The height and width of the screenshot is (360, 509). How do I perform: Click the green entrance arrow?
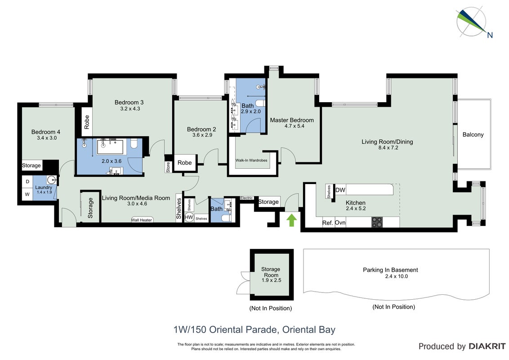pos(291,220)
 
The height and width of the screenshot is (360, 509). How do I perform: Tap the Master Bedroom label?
pos(292,120)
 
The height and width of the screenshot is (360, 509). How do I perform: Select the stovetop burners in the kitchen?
pos(377,222)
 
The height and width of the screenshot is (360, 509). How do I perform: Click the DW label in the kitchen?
pos(340,190)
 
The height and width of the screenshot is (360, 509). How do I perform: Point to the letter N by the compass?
pos(490,35)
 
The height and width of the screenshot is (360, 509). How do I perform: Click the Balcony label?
pos(473,135)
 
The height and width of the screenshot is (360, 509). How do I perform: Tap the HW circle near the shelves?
pos(189,217)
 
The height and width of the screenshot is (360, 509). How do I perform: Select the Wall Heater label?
pos(142,220)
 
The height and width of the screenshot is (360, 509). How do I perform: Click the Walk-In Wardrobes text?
pos(251,160)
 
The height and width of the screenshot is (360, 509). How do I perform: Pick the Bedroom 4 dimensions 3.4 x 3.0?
pos(47,138)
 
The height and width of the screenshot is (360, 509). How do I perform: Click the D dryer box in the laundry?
pos(27,182)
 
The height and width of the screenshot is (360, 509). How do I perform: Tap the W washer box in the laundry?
pos(27,194)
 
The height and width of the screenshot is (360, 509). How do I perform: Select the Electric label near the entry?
pos(246,198)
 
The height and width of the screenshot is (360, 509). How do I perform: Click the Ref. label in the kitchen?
pos(327,223)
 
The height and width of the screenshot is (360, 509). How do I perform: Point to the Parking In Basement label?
pos(390,270)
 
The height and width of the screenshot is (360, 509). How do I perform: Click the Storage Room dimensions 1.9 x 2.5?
pos(272,280)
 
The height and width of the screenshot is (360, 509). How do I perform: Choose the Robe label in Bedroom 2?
pos(184,162)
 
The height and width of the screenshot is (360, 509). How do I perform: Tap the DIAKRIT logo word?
pos(487,346)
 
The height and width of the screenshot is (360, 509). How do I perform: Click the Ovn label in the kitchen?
pos(340,223)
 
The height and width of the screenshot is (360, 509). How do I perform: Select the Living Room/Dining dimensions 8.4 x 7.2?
pos(388,148)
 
